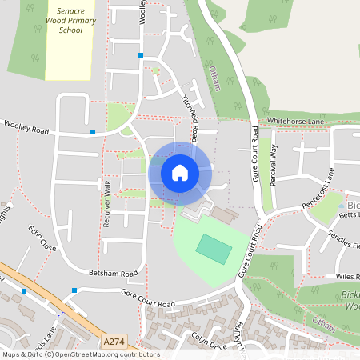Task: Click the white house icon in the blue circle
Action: click(x=180, y=172)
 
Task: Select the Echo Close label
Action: click(x=42, y=238)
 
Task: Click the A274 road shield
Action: click(x=113, y=342)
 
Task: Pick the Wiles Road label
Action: click(x=346, y=277)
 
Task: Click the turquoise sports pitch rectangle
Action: click(x=214, y=248)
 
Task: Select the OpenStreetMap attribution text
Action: click(x=80, y=354)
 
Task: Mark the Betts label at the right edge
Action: click(x=349, y=215)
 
